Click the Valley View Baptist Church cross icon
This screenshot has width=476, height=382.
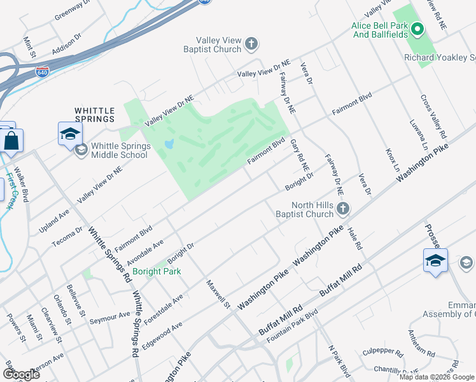point(251,44)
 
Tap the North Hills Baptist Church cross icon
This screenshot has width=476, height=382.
point(343,208)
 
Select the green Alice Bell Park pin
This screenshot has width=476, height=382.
point(417,29)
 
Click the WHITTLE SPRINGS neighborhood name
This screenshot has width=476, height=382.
point(95,115)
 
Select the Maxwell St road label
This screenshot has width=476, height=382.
point(218,294)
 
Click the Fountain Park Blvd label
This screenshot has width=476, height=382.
point(292,327)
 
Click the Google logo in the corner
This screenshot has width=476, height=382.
point(21,374)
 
